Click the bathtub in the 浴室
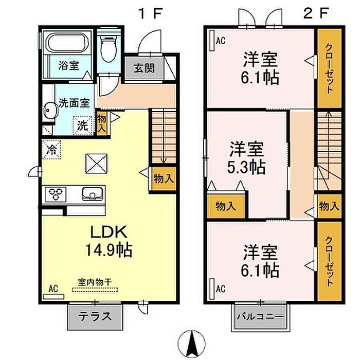click(x=67, y=43)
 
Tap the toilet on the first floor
click(x=109, y=49)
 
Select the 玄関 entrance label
click(x=144, y=68)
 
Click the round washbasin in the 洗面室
click(x=50, y=111)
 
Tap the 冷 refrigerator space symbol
click(x=51, y=150)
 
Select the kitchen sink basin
click(x=92, y=194)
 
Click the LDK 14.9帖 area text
click(x=109, y=241)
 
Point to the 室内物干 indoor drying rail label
click(x=95, y=282)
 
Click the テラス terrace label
click(x=95, y=317)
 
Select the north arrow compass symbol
click(x=192, y=345)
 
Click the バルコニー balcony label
click(x=260, y=317)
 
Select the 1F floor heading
click(x=150, y=13)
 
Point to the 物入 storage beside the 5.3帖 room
click(x=226, y=206)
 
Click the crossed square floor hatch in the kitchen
click(x=97, y=164)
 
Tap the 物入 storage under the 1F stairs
click(x=164, y=178)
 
